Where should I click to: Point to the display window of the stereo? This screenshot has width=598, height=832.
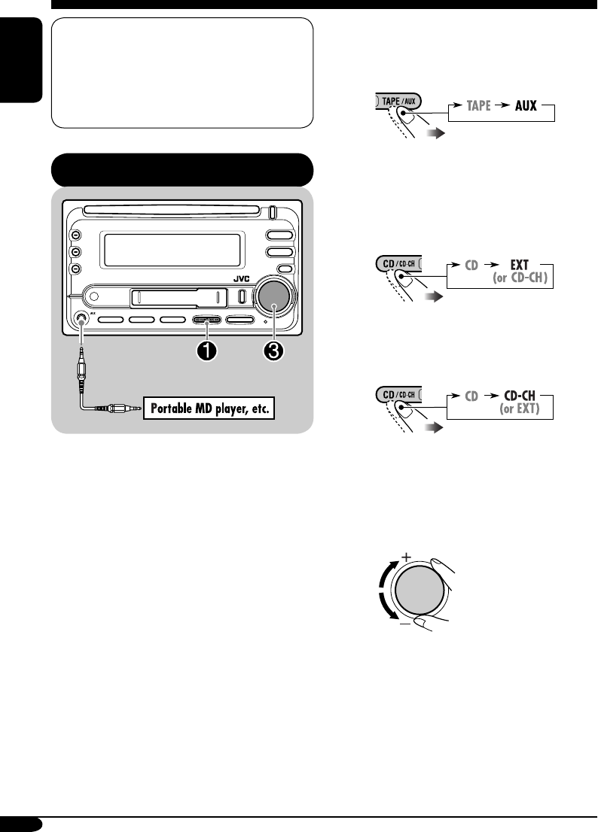point(173,249)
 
